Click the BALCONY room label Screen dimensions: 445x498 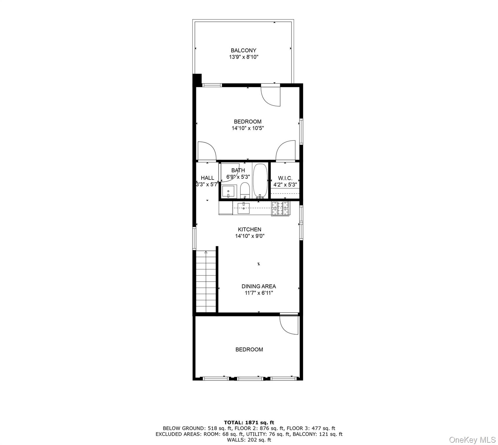pos(243,50)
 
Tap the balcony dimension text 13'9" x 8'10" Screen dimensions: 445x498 pos(244,57)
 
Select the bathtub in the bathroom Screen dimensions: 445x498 pos(260,181)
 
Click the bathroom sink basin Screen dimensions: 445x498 pos(228,192)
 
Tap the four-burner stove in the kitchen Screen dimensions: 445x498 pos(280,208)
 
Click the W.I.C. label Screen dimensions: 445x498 pos(285,178)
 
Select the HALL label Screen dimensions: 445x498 pos(207,178)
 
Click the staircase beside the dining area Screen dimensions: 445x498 pos(206,282)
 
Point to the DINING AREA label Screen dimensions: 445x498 pos(259,286)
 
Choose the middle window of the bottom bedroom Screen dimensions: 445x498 pos(250,378)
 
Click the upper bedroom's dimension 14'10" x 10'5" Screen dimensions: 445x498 pos(248,128)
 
